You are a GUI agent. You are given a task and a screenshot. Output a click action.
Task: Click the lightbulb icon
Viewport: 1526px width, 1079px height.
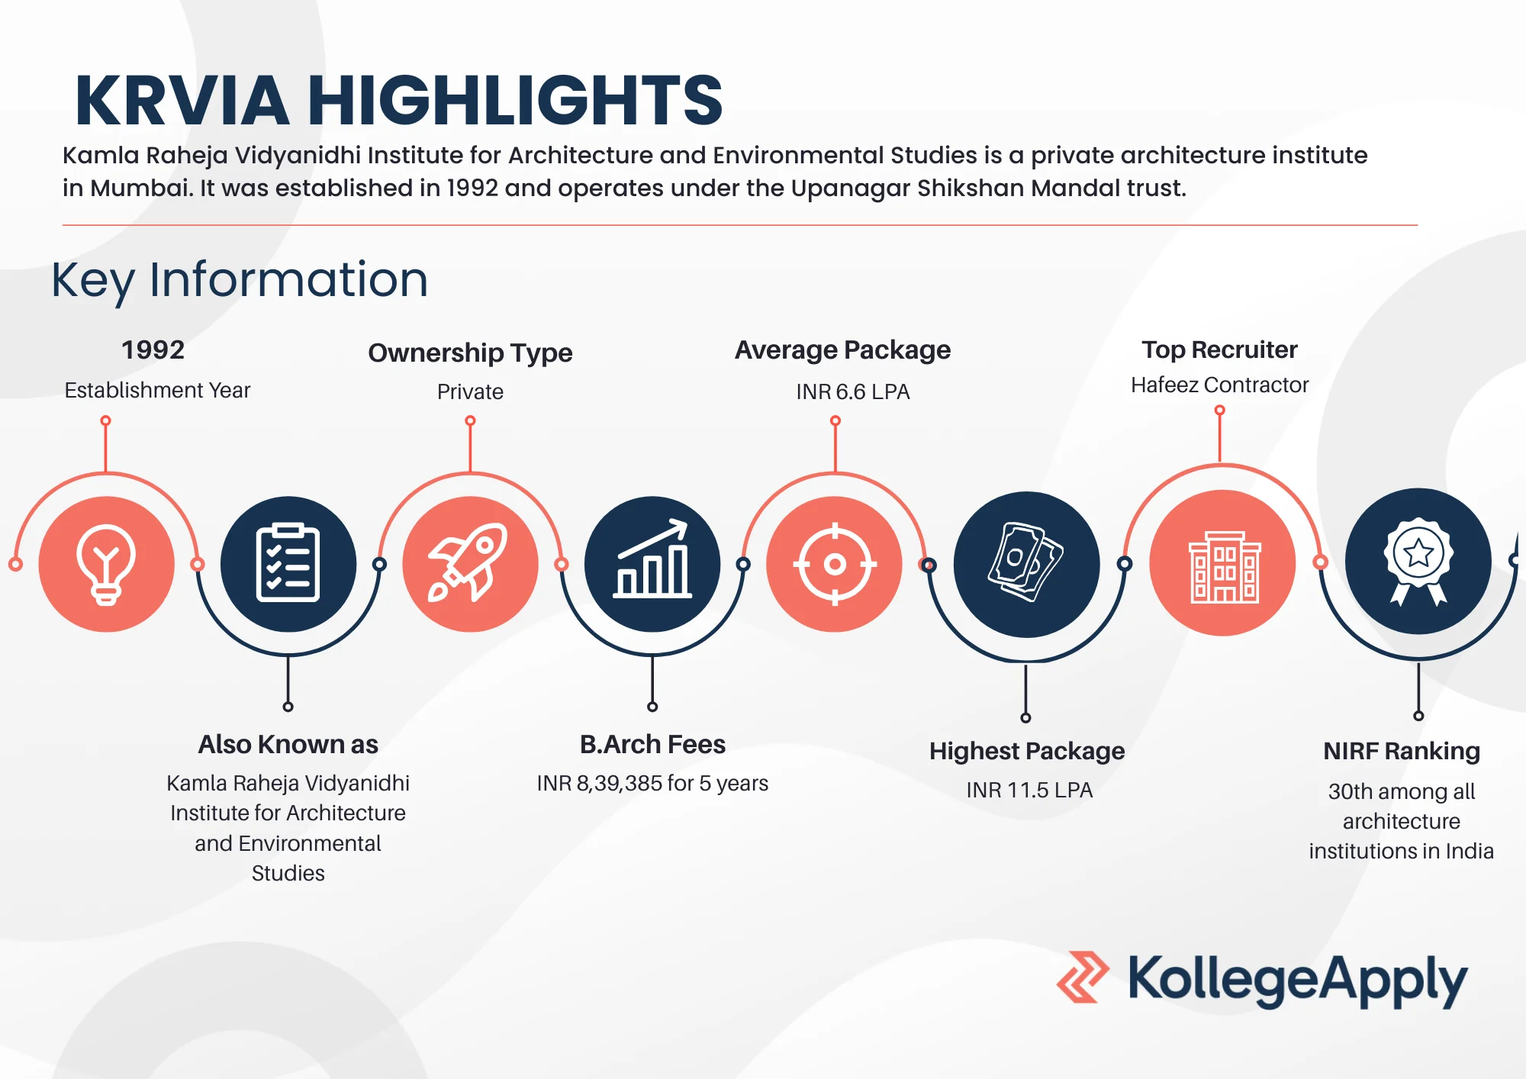[x=106, y=565]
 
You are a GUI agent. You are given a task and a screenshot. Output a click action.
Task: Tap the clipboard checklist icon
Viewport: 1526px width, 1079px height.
[x=288, y=563]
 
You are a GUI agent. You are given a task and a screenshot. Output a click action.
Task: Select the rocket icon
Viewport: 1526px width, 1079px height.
[x=468, y=563]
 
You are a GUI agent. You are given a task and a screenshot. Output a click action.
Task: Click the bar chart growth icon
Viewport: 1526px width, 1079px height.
[x=652, y=559]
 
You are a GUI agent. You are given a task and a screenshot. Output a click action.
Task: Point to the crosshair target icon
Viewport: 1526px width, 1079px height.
[x=835, y=565]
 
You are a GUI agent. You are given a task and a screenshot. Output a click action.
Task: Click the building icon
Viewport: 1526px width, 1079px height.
[x=1224, y=566]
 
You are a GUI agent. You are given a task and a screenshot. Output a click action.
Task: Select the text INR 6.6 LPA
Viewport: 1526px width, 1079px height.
[x=852, y=391]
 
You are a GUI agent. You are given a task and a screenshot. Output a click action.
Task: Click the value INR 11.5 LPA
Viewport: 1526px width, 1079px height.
[x=1029, y=790]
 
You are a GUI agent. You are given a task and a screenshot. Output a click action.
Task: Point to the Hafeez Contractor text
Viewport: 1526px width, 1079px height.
[x=1219, y=385]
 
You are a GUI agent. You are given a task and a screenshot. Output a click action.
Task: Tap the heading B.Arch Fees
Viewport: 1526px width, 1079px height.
[x=652, y=744]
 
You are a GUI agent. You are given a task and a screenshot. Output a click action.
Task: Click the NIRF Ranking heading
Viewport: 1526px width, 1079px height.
[x=1402, y=751]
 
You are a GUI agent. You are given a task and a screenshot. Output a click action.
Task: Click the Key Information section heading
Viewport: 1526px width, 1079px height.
[x=240, y=279]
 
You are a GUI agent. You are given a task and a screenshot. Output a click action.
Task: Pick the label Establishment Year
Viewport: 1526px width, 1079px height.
[x=157, y=390]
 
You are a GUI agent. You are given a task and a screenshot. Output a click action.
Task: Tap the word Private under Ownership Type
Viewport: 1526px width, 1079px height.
[x=470, y=391]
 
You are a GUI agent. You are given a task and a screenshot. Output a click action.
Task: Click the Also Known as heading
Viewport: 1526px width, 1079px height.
[x=288, y=744]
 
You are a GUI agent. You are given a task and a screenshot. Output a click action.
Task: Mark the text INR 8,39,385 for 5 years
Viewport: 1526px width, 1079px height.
[x=652, y=783]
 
